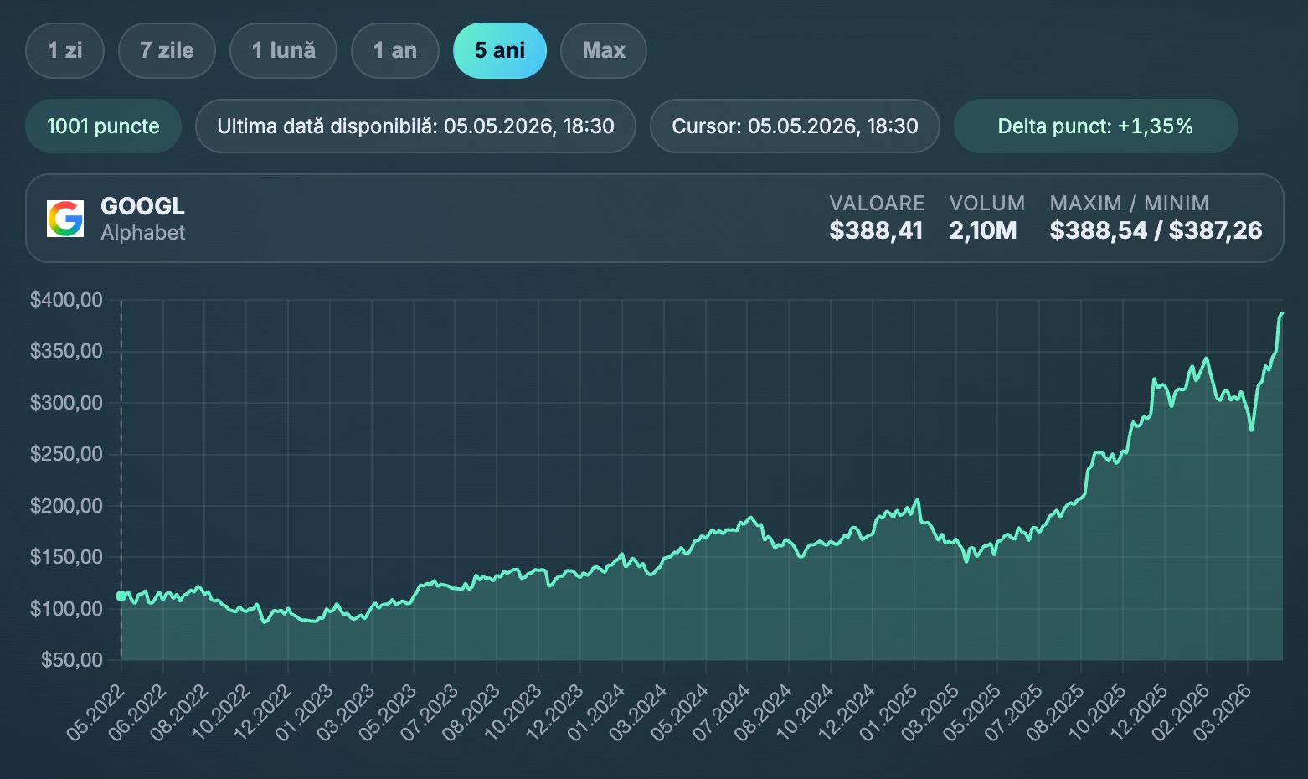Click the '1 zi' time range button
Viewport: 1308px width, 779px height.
[x=64, y=51]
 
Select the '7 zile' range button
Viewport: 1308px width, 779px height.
[x=167, y=51]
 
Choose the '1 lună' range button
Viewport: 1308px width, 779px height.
[x=283, y=51]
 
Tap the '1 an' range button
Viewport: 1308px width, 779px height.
[x=394, y=51]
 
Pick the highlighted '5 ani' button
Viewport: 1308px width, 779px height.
[x=500, y=51]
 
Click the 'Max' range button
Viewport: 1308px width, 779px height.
[x=604, y=51]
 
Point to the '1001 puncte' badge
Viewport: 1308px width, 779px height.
[x=103, y=126]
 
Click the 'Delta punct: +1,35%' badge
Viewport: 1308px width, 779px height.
[x=1095, y=126]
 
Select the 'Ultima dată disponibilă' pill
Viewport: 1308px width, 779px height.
[x=415, y=126]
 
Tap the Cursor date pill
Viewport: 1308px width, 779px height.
[x=795, y=126]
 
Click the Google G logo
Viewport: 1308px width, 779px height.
[x=65, y=219]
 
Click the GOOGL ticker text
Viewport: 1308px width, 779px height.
[x=142, y=206]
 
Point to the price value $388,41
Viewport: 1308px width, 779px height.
[x=876, y=230]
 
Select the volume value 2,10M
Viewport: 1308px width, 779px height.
[x=983, y=230]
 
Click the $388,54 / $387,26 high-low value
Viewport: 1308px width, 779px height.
[x=1156, y=230]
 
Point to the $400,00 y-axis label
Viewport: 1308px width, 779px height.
[x=66, y=300]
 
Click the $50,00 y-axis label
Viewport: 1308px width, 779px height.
[x=71, y=660]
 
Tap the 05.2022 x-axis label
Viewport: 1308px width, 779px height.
[x=95, y=713]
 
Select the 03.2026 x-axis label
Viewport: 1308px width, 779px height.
[x=1222, y=713]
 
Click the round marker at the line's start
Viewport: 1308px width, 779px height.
[x=121, y=596]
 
